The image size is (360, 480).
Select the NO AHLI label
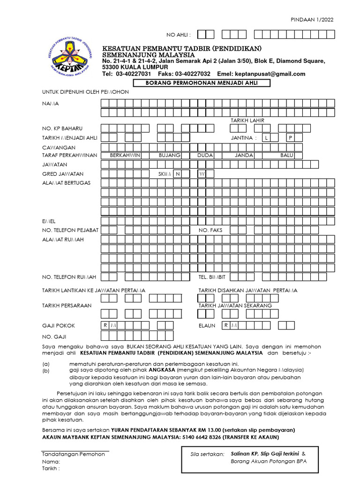pyautogui.click(x=179, y=35)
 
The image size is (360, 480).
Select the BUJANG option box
pyautogui.click(x=170, y=155)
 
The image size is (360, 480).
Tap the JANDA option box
pyautogui.click(x=244, y=155)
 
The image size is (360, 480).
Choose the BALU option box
pyautogui.click(x=286, y=155)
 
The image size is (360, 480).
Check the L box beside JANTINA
pyautogui.click(x=266, y=138)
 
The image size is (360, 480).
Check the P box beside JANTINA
pyautogui.click(x=290, y=138)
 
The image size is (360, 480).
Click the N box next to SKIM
pyautogui.click(x=178, y=174)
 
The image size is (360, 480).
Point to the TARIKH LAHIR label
pyautogui.click(x=247, y=120)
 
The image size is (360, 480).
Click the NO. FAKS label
pyautogui.click(x=210, y=230)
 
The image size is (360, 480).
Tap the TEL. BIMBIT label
pyautogui.click(x=212, y=277)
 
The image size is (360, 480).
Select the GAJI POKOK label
pyautogui.click(x=59, y=325)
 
